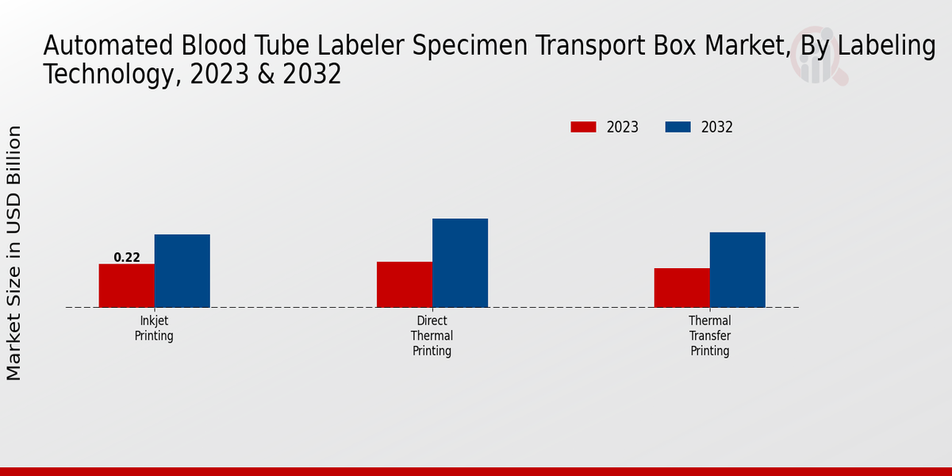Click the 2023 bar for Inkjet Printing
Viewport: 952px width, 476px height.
click(126, 286)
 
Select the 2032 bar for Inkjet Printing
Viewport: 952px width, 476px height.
click(182, 271)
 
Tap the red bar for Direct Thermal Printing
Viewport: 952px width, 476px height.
click(404, 284)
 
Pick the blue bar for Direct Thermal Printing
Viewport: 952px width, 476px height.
click(460, 263)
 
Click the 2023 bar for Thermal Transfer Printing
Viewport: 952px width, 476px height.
click(681, 287)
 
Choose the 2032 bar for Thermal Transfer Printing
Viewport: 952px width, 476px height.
click(738, 270)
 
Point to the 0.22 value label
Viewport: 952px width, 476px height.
click(127, 257)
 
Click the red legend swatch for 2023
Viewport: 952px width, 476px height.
click(583, 127)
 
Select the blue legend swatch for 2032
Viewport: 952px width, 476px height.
click(678, 127)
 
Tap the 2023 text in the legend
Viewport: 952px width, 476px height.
click(623, 127)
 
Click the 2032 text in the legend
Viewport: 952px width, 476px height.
click(717, 127)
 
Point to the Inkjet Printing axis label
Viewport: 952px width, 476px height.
click(154, 328)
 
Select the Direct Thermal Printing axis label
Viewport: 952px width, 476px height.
click(432, 336)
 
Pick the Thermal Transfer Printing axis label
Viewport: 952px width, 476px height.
click(709, 336)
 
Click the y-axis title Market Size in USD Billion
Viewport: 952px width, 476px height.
click(14, 252)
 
